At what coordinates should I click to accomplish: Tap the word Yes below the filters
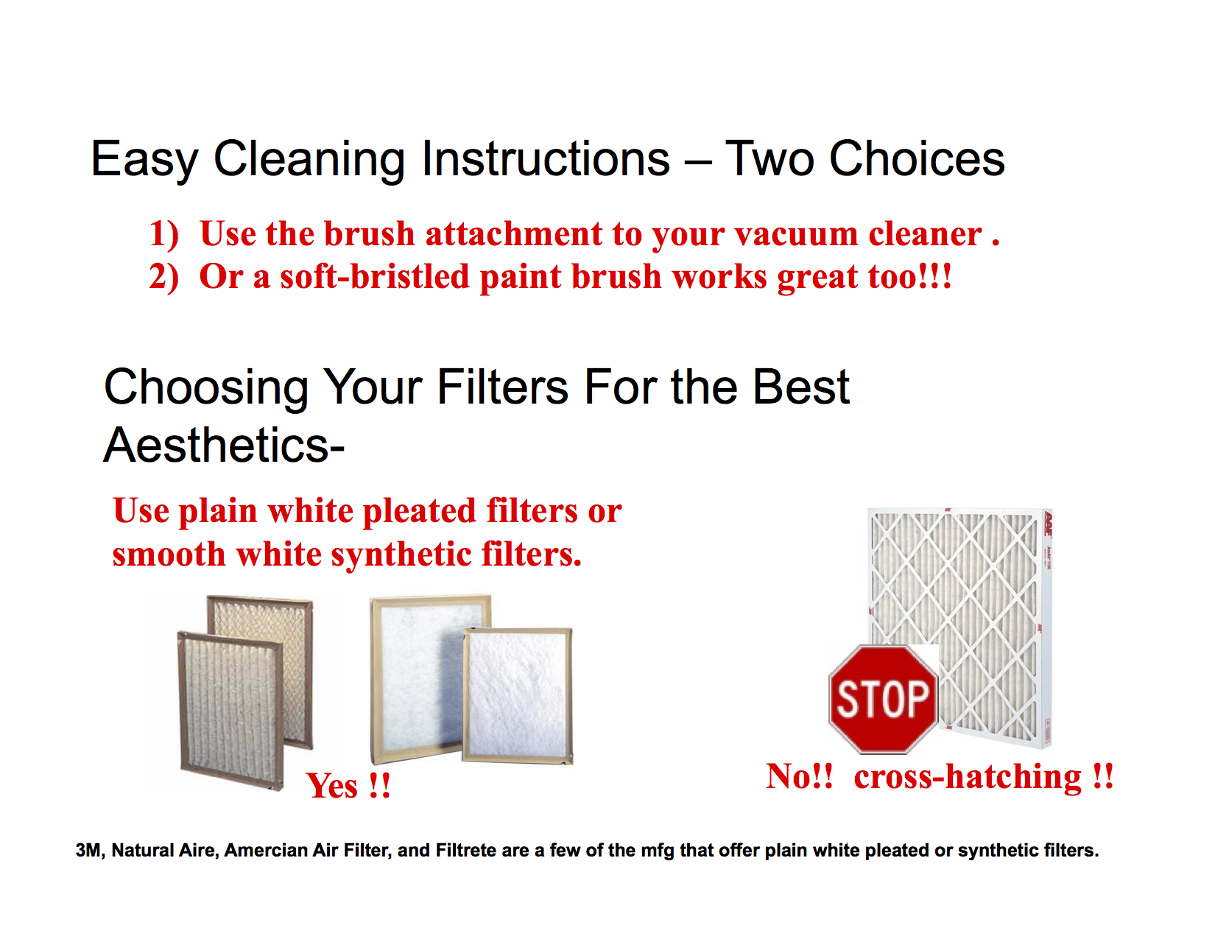(x=331, y=786)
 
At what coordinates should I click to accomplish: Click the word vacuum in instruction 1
(x=796, y=233)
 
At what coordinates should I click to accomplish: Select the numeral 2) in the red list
(x=163, y=277)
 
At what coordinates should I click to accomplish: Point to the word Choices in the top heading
(x=917, y=158)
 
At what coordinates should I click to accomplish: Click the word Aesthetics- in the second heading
(x=224, y=445)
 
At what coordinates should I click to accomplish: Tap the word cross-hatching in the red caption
(x=968, y=777)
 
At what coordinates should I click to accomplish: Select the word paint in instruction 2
(x=520, y=278)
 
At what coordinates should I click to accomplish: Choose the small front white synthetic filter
(x=517, y=696)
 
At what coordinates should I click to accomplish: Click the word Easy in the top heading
(x=144, y=160)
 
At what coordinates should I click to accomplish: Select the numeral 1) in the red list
(x=163, y=233)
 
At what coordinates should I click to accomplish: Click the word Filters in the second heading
(x=502, y=387)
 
